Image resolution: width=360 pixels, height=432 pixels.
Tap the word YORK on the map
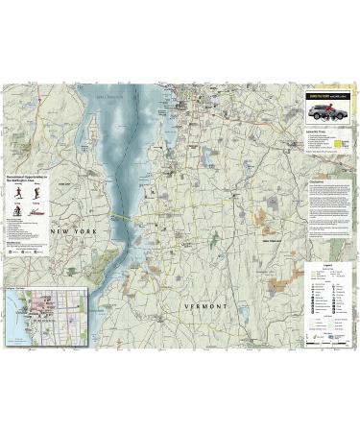coord(84,231)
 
